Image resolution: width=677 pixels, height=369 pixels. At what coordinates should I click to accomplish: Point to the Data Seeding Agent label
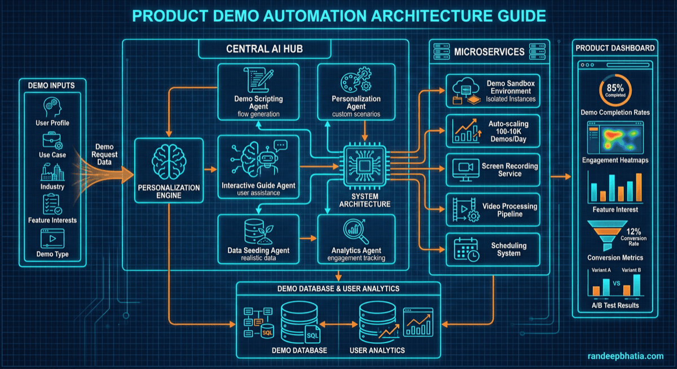point(258,250)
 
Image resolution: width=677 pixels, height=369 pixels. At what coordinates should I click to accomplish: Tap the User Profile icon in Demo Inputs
point(52,107)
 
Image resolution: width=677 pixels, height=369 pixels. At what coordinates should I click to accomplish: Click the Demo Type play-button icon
point(52,238)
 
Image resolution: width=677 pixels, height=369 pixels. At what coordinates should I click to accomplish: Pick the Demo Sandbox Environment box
point(493,90)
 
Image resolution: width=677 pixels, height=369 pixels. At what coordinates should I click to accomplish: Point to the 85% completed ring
point(615,91)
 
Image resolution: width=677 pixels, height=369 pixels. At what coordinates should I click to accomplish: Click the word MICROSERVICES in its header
point(489,52)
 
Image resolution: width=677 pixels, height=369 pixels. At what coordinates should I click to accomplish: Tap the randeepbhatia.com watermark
point(625,356)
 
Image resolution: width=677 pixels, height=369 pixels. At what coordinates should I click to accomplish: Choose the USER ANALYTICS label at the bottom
point(377,350)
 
